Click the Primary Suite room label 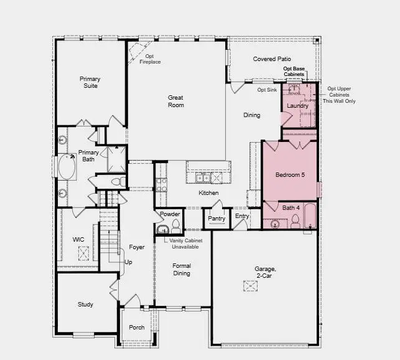point(90,83)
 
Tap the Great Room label point(175,101)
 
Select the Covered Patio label point(272,59)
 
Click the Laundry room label point(297,106)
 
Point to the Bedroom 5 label point(290,175)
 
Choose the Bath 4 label point(291,207)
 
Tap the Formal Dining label point(182,269)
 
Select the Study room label point(85,305)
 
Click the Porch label point(137,328)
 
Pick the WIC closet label point(78,239)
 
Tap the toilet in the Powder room point(175,224)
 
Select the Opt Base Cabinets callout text point(294,72)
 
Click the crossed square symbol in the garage point(250,286)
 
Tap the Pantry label point(216,219)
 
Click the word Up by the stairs point(128,262)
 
